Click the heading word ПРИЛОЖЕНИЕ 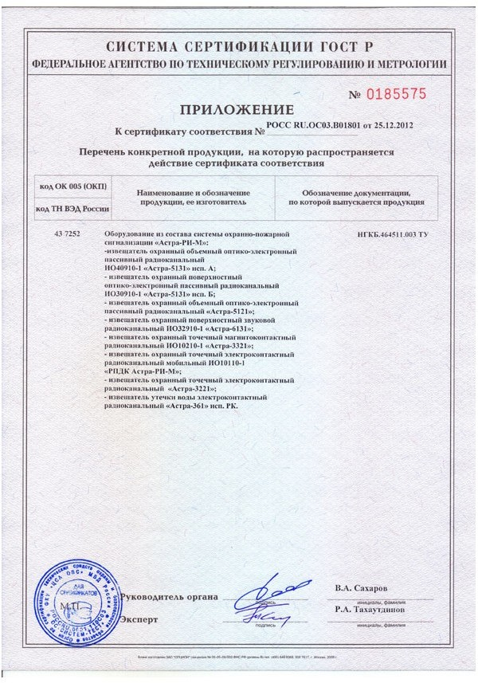tap(237, 108)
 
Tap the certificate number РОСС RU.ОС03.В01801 tap(308, 125)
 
